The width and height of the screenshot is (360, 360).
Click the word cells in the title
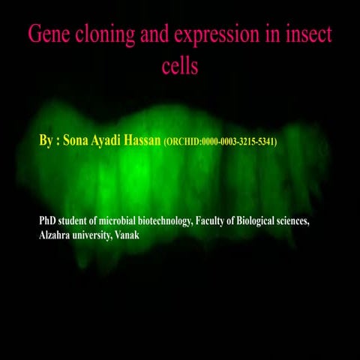coord(179,65)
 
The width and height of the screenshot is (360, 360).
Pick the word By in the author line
coord(46,140)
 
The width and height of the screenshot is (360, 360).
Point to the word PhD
coord(49,222)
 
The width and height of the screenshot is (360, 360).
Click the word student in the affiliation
coord(79,222)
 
